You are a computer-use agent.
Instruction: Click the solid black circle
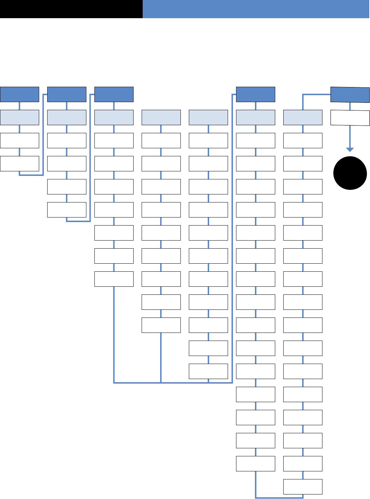click(350, 173)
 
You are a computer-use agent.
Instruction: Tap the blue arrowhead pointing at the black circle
click(350, 150)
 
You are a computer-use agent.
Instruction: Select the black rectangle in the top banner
click(71, 9)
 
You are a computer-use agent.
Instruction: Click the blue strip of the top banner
click(256, 9)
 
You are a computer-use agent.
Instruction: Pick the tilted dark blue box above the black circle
click(350, 95)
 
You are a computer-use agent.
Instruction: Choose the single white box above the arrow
click(350, 118)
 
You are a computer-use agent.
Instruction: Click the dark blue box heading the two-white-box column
click(20, 94)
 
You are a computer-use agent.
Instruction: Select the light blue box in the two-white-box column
click(20, 117)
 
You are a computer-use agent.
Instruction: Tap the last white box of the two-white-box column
click(20, 164)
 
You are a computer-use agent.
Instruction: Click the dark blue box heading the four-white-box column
click(67, 94)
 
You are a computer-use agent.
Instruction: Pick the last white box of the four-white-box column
click(67, 210)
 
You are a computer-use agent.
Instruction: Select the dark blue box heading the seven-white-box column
click(114, 94)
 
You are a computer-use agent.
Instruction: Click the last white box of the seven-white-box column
click(114, 279)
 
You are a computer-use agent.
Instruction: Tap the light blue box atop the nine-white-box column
click(161, 117)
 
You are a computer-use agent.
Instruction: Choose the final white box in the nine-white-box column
click(161, 325)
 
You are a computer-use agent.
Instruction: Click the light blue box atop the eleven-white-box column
click(208, 117)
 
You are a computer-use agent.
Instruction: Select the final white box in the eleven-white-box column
click(208, 371)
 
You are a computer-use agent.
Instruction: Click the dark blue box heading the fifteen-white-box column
click(256, 94)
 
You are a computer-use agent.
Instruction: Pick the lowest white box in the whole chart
click(303, 487)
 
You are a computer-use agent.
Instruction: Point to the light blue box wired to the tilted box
click(303, 117)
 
